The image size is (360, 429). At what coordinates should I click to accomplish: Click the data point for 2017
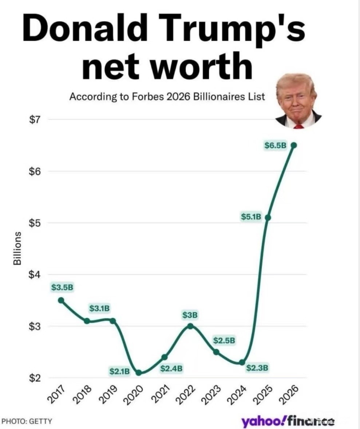61,300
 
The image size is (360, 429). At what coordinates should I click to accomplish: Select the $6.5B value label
276,146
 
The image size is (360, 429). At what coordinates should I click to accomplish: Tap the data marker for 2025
268,218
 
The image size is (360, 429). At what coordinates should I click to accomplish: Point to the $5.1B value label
251,217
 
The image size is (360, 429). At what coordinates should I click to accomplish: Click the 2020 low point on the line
139,373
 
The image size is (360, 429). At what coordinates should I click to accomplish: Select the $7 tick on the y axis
35,119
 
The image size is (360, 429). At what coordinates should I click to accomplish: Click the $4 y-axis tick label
35,274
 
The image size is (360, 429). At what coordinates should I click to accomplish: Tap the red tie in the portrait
298,126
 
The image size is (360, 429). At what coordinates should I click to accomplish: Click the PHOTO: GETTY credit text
27,421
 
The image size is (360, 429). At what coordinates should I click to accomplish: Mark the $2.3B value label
257,368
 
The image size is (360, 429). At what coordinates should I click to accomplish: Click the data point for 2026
294,145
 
